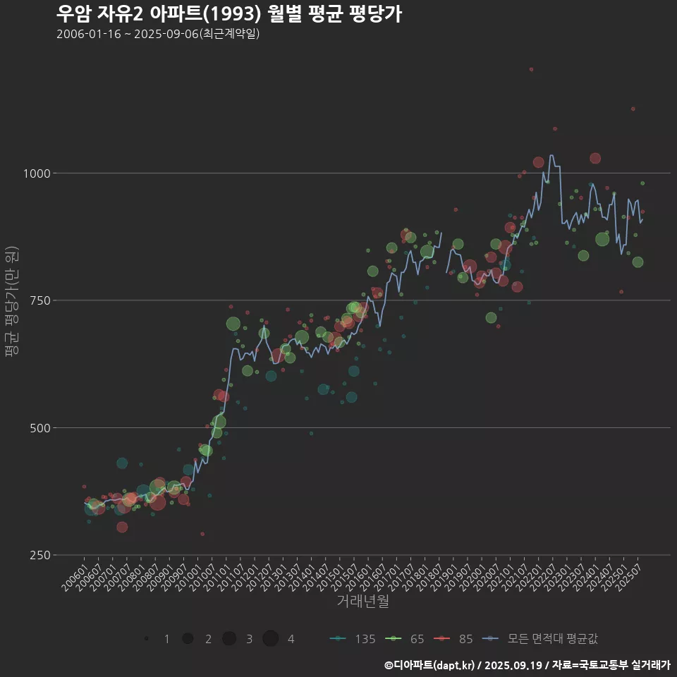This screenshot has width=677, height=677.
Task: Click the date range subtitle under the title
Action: point(158,34)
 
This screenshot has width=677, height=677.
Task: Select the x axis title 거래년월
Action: point(362,602)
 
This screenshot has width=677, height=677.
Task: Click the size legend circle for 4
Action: point(270,639)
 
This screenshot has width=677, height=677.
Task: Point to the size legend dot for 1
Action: point(146,639)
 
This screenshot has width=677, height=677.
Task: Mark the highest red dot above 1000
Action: point(531,69)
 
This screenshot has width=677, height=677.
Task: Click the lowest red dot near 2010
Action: point(202,534)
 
